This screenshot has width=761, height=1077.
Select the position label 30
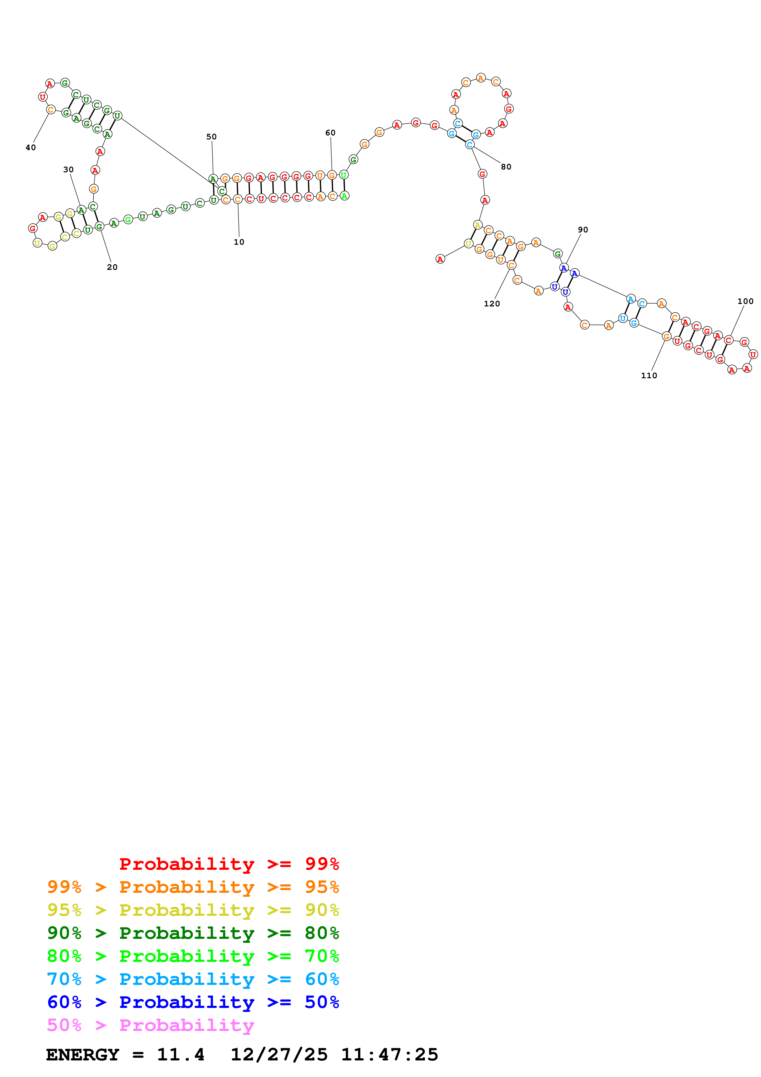[x=68, y=170]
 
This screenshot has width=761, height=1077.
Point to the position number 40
[x=30, y=148]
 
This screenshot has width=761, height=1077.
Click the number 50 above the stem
[x=212, y=137]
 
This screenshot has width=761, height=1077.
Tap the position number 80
[x=506, y=167]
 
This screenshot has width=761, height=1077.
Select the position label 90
[x=583, y=230]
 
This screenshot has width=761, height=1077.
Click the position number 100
[x=745, y=301]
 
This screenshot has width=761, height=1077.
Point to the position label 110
[x=649, y=376]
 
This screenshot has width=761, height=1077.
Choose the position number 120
[x=492, y=304]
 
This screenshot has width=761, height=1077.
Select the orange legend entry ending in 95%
[x=193, y=887]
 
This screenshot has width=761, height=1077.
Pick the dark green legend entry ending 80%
[x=193, y=933]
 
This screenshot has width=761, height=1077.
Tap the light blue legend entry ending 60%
[x=193, y=979]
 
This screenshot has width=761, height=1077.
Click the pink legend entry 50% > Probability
[x=150, y=1025]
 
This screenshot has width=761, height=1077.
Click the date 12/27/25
[x=279, y=1055]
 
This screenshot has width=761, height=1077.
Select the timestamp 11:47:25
[x=389, y=1055]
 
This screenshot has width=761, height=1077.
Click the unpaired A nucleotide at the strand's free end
[x=440, y=259]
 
